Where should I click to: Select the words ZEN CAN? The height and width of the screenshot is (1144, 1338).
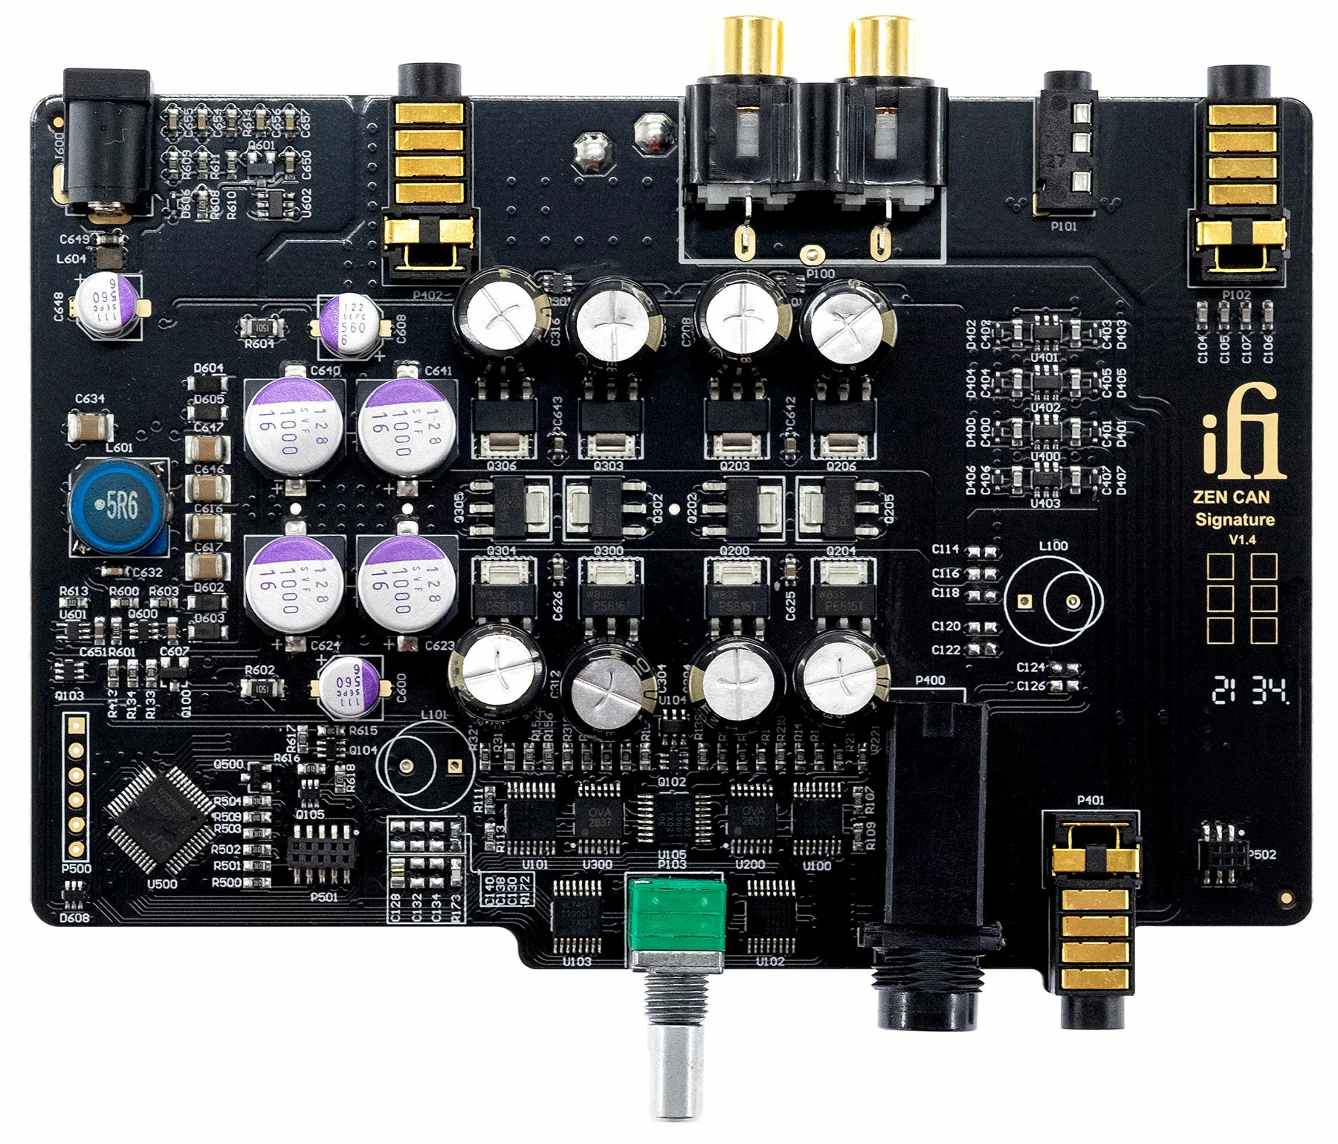[x=1231, y=497]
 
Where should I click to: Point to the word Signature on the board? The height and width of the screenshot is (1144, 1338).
[x=1234, y=520]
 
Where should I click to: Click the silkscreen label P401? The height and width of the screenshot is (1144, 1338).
[x=1090, y=800]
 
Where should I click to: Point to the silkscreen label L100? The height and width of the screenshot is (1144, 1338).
[x=1053, y=546]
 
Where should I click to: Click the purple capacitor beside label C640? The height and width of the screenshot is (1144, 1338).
[x=294, y=425]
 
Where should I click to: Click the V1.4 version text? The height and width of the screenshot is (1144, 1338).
[x=1241, y=540]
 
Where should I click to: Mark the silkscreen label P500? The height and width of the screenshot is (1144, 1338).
[x=76, y=868]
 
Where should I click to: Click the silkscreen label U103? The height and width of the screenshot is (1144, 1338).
[x=576, y=961]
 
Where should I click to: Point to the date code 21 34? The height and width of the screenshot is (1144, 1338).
[x=1249, y=691]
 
